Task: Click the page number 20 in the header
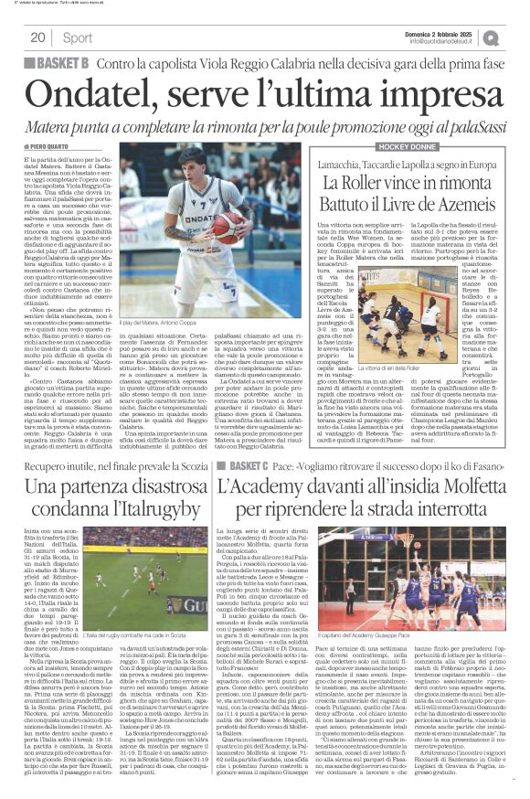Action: tap(37, 37)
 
